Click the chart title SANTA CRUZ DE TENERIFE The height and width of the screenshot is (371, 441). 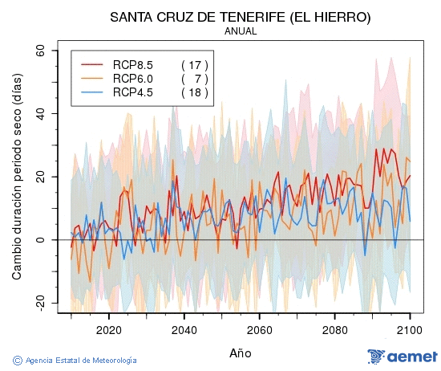[x=241, y=16]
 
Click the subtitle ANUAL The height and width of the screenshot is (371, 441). [x=241, y=31]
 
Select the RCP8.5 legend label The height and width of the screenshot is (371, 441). [x=132, y=64]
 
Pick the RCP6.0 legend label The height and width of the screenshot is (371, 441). [x=132, y=78]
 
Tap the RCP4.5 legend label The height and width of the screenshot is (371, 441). [x=132, y=92]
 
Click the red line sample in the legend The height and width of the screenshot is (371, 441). [x=93, y=64]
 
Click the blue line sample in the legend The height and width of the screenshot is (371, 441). [x=93, y=92]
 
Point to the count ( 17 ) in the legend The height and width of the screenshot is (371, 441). [x=195, y=64]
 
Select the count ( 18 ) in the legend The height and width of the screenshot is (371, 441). [x=195, y=92]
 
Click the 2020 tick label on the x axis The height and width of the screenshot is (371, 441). [x=108, y=329]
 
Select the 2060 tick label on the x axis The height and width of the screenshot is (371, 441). [x=259, y=329]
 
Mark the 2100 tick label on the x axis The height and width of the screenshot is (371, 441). [x=410, y=329]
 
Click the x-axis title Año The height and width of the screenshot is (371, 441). [x=240, y=353]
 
